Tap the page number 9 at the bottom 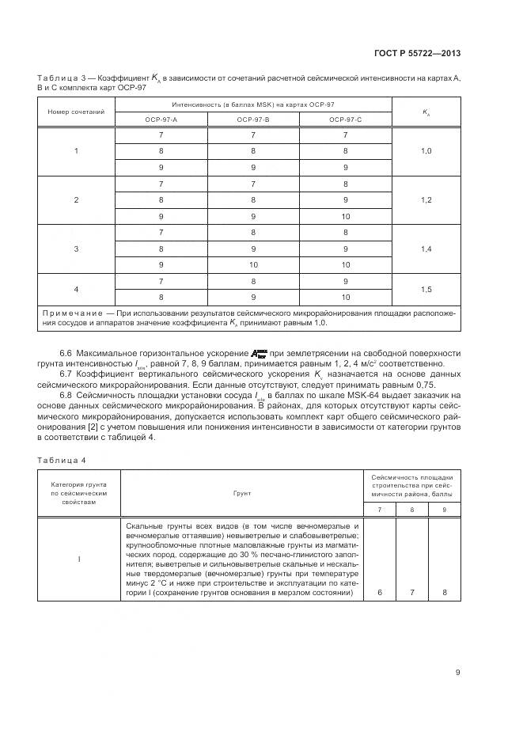[458, 673]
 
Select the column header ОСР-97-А [161, 119]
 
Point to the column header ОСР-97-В [253, 119]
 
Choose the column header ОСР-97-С [346, 119]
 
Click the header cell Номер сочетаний [77, 112]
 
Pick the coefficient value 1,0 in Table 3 [426, 150]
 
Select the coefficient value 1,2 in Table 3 [426, 199]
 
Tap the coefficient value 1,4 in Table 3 [426, 249]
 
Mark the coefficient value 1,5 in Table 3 [426, 290]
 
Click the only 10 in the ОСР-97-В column [254, 264]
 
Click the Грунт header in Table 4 [241, 492]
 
